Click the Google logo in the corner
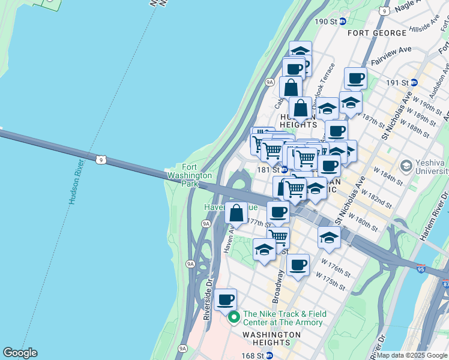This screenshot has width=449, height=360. pos(20,353)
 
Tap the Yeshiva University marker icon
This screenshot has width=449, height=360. pos(406,164)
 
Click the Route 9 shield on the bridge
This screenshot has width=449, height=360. pos(101,159)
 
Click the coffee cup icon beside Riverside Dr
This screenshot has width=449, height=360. pos(226,300)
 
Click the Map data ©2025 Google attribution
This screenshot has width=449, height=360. pos(411,355)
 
